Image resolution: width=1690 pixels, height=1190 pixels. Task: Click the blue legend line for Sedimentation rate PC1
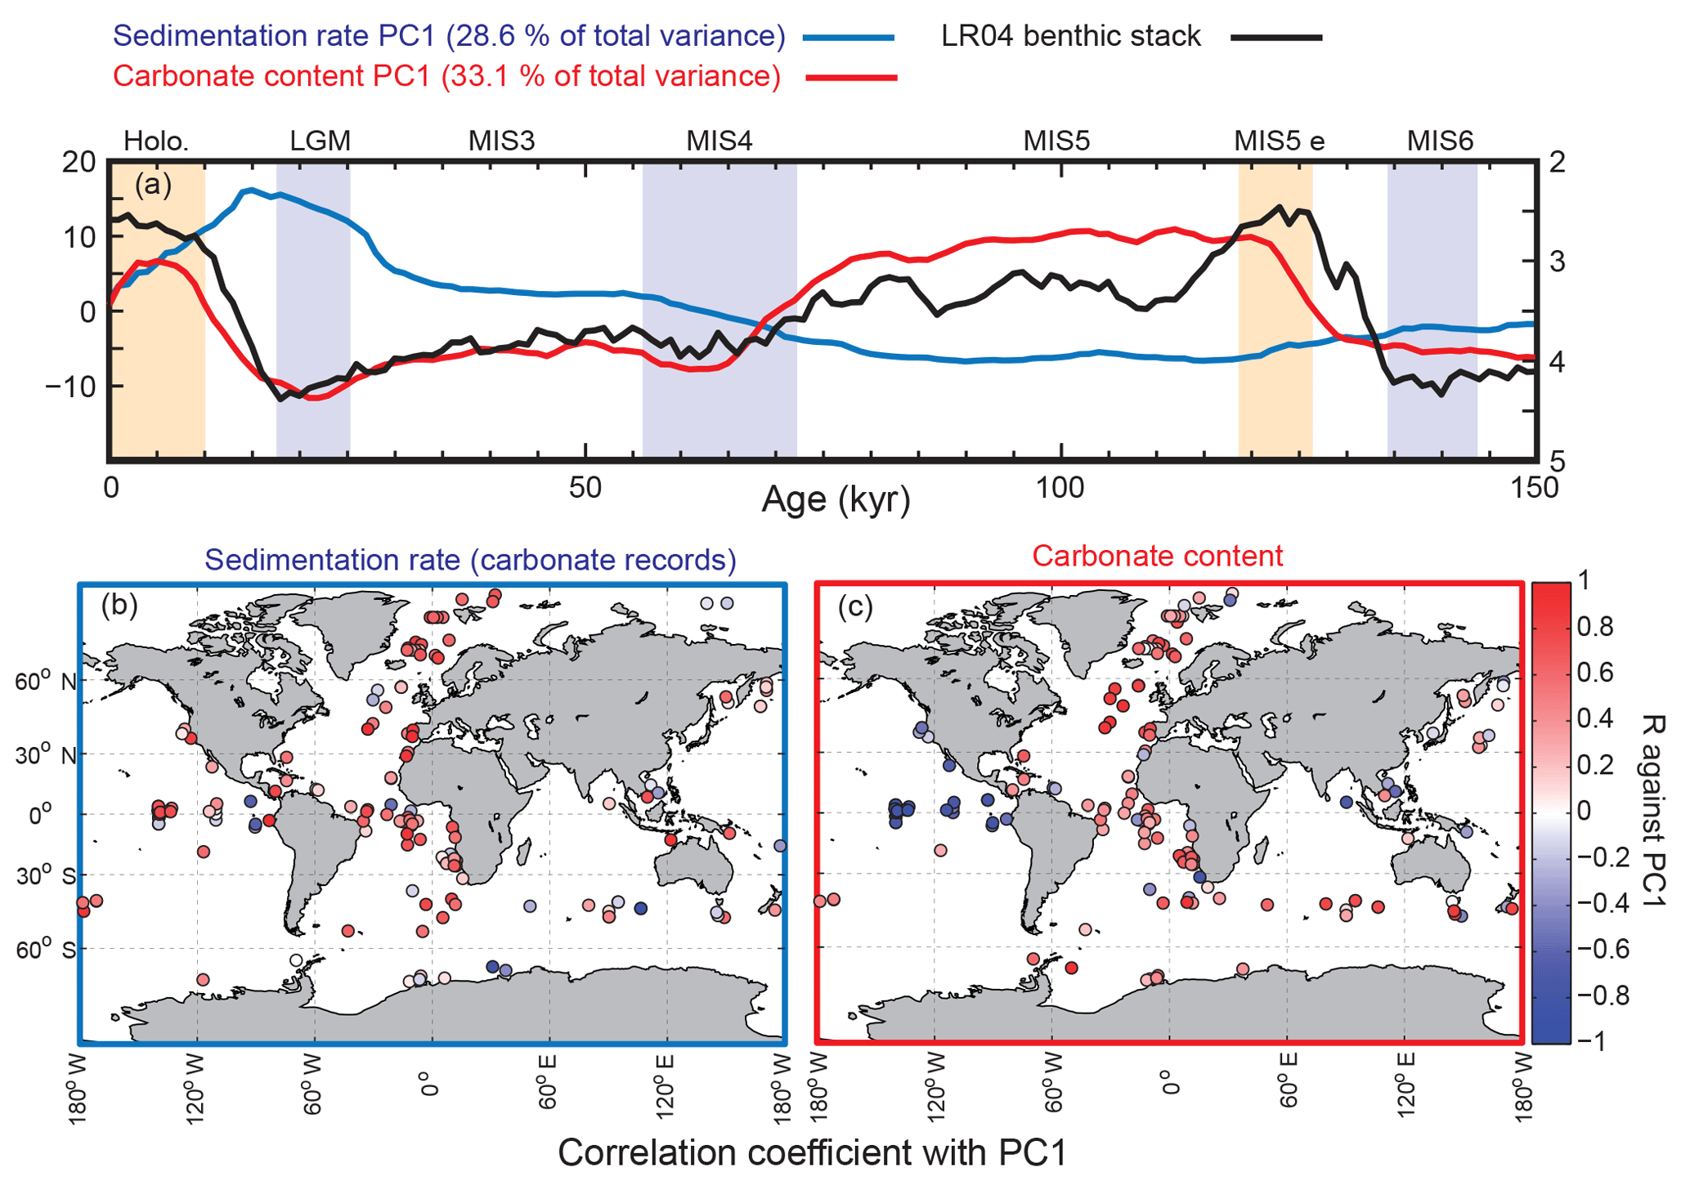pos(849,38)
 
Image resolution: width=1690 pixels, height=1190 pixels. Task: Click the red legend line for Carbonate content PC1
pos(851,78)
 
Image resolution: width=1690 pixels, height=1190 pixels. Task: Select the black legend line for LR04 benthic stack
pos(1276,38)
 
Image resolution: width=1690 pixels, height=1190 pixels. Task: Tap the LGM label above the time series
pos(320,141)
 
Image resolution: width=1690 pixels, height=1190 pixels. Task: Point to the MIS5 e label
pos(1279,141)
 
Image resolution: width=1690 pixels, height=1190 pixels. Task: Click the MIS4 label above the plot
pos(719,141)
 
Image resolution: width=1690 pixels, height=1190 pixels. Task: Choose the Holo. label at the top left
pos(156,141)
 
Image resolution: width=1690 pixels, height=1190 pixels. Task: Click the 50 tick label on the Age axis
pos(585,489)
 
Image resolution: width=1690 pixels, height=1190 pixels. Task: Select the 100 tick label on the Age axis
pos(1060,489)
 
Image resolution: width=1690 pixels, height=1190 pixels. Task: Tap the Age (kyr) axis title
pos(836,499)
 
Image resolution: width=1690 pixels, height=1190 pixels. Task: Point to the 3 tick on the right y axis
pos(1558,262)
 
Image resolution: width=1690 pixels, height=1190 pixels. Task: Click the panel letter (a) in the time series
pos(153,185)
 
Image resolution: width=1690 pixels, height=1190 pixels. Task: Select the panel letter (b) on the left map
pos(119,606)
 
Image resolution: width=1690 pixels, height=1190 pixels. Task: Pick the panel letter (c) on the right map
pos(856,606)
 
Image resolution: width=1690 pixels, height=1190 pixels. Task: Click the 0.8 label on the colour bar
pos(1594,627)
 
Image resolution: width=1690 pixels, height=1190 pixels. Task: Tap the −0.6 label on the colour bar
pos(1600,949)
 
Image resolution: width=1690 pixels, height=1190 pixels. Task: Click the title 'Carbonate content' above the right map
pos(1157,556)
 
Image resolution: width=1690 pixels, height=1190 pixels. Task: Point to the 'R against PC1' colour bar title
pos(1651,810)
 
